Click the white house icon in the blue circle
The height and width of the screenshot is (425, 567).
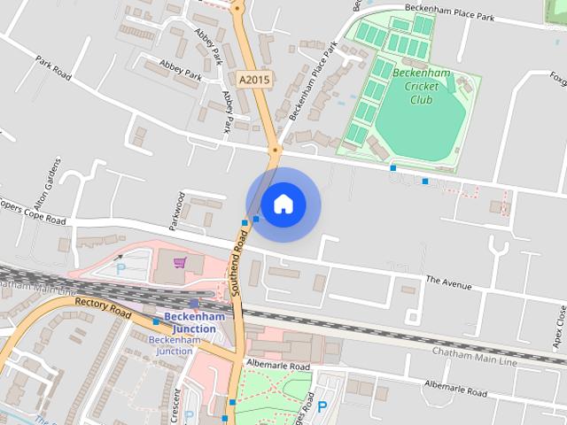283,205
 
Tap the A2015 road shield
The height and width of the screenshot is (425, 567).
253,79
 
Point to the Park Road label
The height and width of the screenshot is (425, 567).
54,69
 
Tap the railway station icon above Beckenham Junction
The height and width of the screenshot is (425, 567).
193,304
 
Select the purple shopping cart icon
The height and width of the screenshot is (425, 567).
181,262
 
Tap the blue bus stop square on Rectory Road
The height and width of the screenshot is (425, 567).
156,321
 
